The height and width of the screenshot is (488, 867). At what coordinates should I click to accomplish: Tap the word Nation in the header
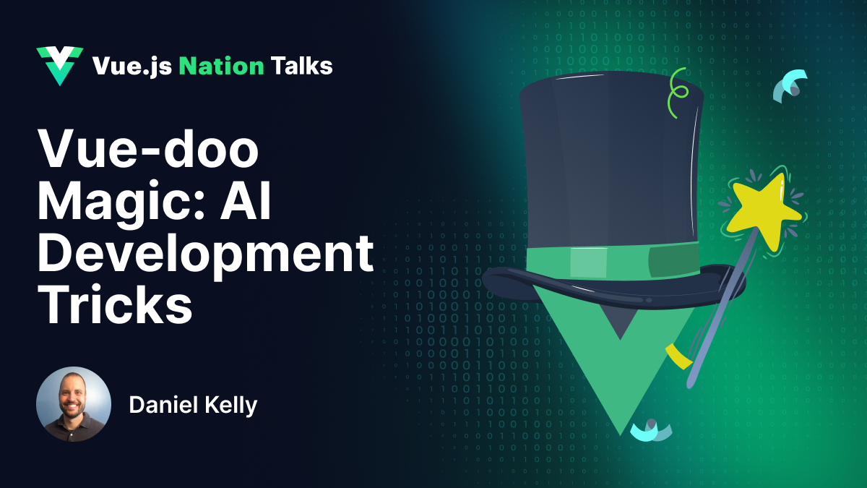click(221, 67)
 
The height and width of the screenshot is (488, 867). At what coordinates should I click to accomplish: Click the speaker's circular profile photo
click(74, 404)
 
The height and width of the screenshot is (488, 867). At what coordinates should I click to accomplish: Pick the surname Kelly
click(233, 406)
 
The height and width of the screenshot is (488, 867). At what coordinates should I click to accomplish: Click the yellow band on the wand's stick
click(678, 356)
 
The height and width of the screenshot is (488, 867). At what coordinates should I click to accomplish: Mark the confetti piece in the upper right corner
click(790, 85)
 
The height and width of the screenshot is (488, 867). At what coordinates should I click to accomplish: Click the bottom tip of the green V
click(620, 432)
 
